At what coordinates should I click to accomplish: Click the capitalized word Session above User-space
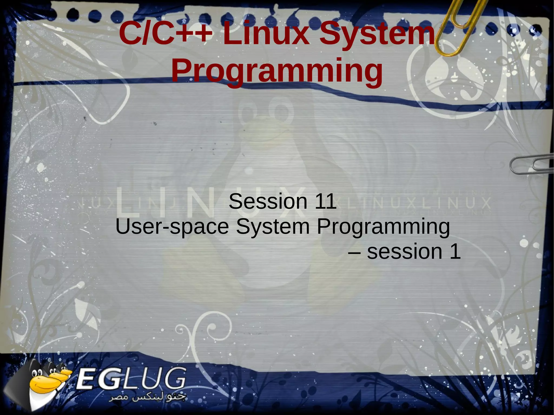(268, 202)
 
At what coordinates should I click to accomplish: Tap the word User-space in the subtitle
(172, 227)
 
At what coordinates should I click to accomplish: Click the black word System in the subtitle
(273, 227)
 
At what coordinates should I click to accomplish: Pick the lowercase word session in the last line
(404, 252)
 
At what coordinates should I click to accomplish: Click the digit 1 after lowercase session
(455, 252)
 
